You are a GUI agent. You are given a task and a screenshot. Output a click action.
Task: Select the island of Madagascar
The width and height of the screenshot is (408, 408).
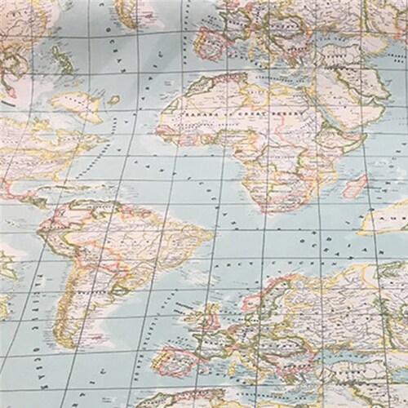pyautogui.click(x=356, y=185)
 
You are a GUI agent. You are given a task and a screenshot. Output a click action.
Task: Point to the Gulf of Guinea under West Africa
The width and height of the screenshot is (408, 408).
pyautogui.click(x=212, y=159)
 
